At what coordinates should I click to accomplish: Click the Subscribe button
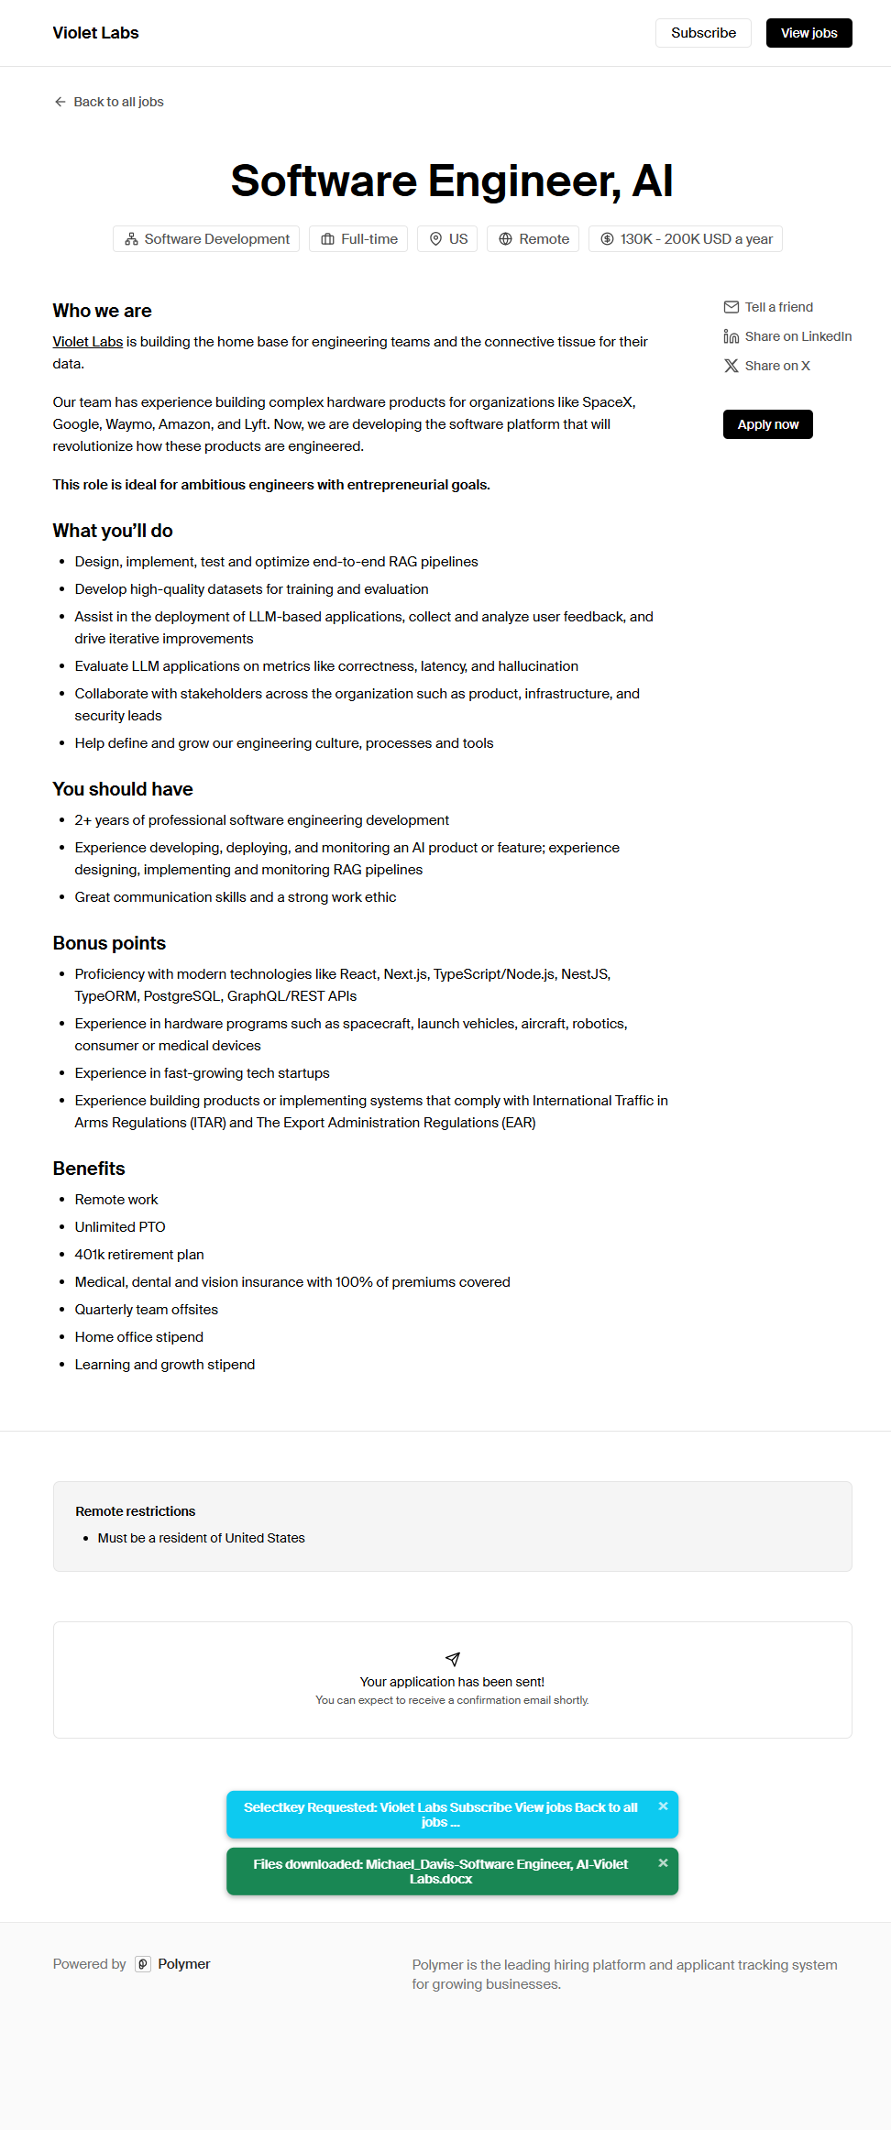[x=703, y=33]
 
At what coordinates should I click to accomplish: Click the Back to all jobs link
[x=109, y=102]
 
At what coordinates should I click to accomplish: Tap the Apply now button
[x=767, y=424]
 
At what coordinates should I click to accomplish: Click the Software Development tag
[x=206, y=239]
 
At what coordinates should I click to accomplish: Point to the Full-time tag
[x=358, y=239]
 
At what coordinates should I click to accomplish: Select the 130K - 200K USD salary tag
[x=685, y=239]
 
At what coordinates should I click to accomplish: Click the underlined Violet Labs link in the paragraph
[x=88, y=342]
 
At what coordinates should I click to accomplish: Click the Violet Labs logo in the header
[x=95, y=33]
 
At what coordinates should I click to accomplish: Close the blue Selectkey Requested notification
[x=663, y=1806]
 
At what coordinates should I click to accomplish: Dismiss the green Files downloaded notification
[x=663, y=1863]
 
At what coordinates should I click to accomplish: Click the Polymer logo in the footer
[x=173, y=1964]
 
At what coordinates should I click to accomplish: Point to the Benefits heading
[x=89, y=1169]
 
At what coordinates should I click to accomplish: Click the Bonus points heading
[x=109, y=943]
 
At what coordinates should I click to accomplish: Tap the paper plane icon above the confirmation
[x=452, y=1659]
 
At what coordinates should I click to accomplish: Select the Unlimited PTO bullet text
[x=120, y=1227]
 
